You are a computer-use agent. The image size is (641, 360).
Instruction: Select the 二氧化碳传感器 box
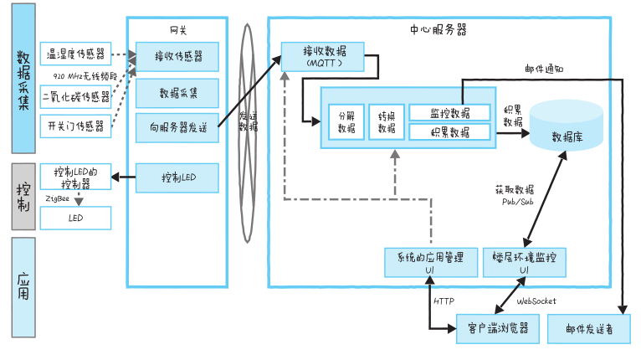point(75,96)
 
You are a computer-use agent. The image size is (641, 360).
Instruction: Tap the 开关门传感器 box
point(75,126)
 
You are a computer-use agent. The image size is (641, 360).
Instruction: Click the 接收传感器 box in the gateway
point(177,58)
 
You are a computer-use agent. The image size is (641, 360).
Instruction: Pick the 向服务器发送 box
point(177,127)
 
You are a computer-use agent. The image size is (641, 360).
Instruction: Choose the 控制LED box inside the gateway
point(177,177)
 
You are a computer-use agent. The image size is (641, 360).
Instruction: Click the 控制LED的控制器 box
point(75,177)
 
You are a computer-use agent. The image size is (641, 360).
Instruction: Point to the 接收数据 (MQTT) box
point(322,57)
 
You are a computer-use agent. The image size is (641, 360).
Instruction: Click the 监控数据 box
point(449,112)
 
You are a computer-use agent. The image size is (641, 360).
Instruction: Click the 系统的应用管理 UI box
point(430,262)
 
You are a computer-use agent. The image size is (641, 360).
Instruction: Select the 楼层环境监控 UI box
point(524,262)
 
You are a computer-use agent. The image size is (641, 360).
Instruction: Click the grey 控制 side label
point(23,196)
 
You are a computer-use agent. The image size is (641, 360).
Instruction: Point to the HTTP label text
point(444,301)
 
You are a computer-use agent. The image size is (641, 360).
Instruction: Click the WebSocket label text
point(536,301)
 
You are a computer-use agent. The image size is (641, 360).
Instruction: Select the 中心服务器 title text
point(438,29)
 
